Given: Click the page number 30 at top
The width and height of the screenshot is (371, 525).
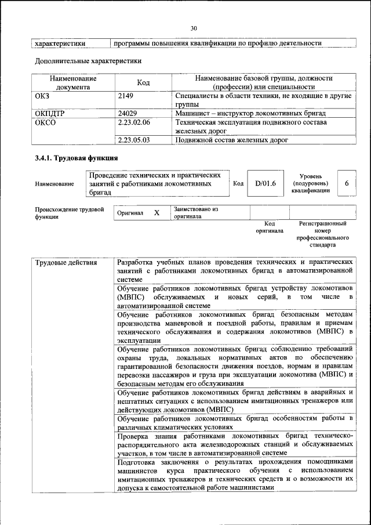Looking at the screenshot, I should (x=194, y=28).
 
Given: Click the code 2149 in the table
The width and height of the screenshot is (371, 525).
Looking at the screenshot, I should (x=126, y=95).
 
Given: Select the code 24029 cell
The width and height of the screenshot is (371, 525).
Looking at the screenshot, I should (x=127, y=113).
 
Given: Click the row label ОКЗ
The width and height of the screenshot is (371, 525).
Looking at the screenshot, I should (x=43, y=95).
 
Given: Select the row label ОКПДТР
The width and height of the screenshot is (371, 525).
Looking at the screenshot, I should (x=49, y=113).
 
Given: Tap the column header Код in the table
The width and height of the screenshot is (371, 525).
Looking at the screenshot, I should (x=144, y=82).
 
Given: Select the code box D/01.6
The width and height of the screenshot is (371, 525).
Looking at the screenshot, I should (x=265, y=183).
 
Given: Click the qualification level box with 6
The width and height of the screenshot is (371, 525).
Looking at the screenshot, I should (x=346, y=183).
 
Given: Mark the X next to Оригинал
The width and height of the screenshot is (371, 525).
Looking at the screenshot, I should (x=157, y=213).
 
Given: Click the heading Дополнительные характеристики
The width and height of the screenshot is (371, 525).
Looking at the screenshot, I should (x=88, y=60).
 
